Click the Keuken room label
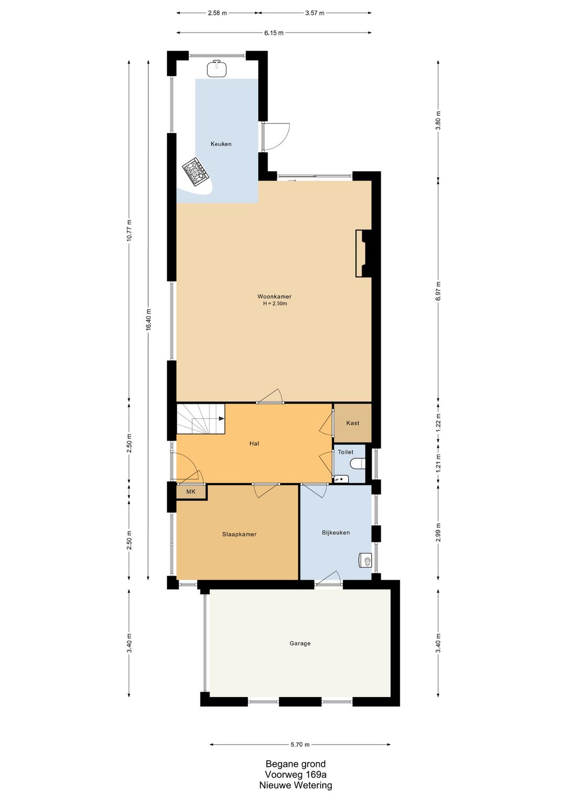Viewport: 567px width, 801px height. [220, 144]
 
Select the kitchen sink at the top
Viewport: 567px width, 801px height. [217, 68]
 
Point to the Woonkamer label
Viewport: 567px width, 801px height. [275, 297]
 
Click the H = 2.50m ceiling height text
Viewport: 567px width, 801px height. [275, 304]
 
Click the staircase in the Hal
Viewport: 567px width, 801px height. [201, 419]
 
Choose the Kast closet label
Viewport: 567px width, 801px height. [352, 423]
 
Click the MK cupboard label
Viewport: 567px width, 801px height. [191, 492]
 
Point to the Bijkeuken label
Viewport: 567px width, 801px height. [335, 532]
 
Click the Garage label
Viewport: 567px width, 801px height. [300, 644]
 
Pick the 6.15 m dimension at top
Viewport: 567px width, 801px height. [274, 33]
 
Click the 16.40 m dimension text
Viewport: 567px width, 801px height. [149, 320]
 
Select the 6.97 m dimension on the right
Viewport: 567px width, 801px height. [438, 291]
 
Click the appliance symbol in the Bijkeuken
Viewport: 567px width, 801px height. [365, 561]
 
